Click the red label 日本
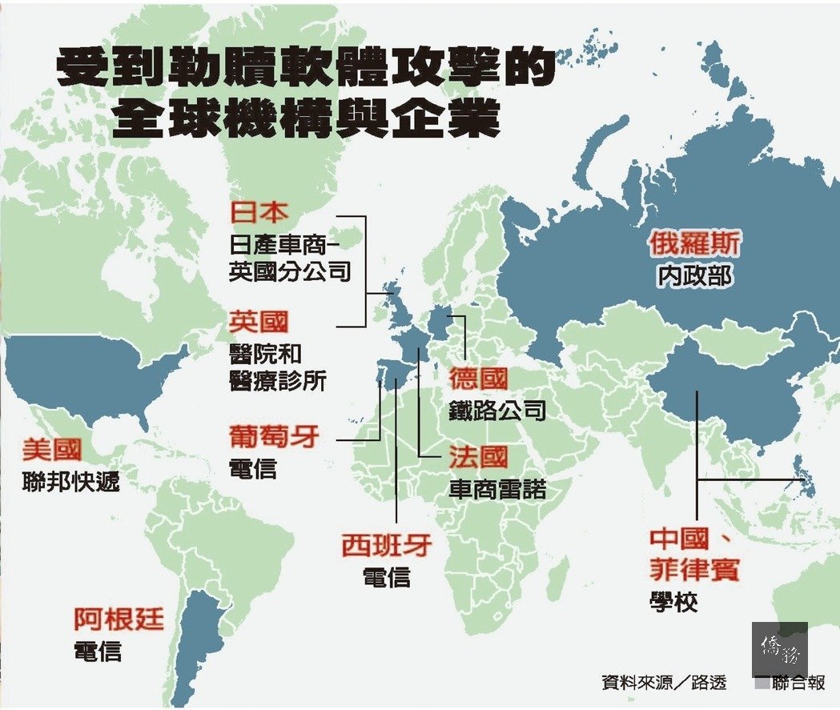coord(258,213)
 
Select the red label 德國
coord(478,378)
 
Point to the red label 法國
coord(478,457)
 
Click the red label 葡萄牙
coord(274,437)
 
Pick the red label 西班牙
coord(387,546)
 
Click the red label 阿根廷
coord(119,619)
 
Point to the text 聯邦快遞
coord(71,482)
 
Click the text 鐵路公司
coord(497,410)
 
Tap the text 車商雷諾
coord(497,489)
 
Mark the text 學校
coord(673,602)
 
